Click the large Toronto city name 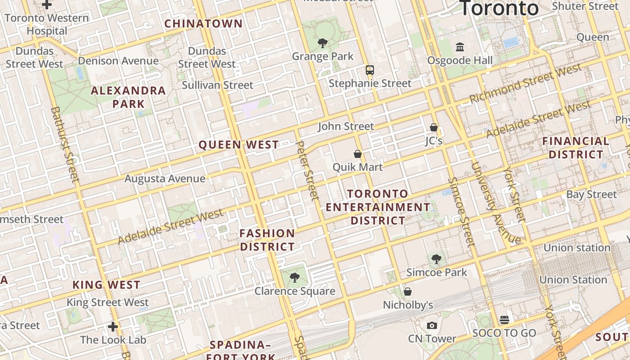click(x=499, y=8)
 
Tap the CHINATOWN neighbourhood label click(x=203, y=23)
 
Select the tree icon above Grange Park click(x=322, y=43)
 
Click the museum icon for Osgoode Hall click(x=460, y=47)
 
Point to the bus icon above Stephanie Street click(x=370, y=70)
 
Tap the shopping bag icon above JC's click(x=434, y=127)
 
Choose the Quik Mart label click(x=358, y=167)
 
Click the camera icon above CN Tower click(x=432, y=325)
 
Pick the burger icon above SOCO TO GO click(x=504, y=319)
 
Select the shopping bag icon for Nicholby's click(x=408, y=292)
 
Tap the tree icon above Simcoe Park click(x=436, y=259)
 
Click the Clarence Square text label click(x=295, y=291)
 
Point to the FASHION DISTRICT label click(x=267, y=240)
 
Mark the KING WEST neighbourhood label click(x=107, y=285)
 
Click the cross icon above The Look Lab click(x=113, y=326)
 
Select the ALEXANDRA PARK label click(x=128, y=97)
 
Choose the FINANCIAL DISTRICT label click(x=576, y=148)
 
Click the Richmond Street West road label click(x=526, y=84)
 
